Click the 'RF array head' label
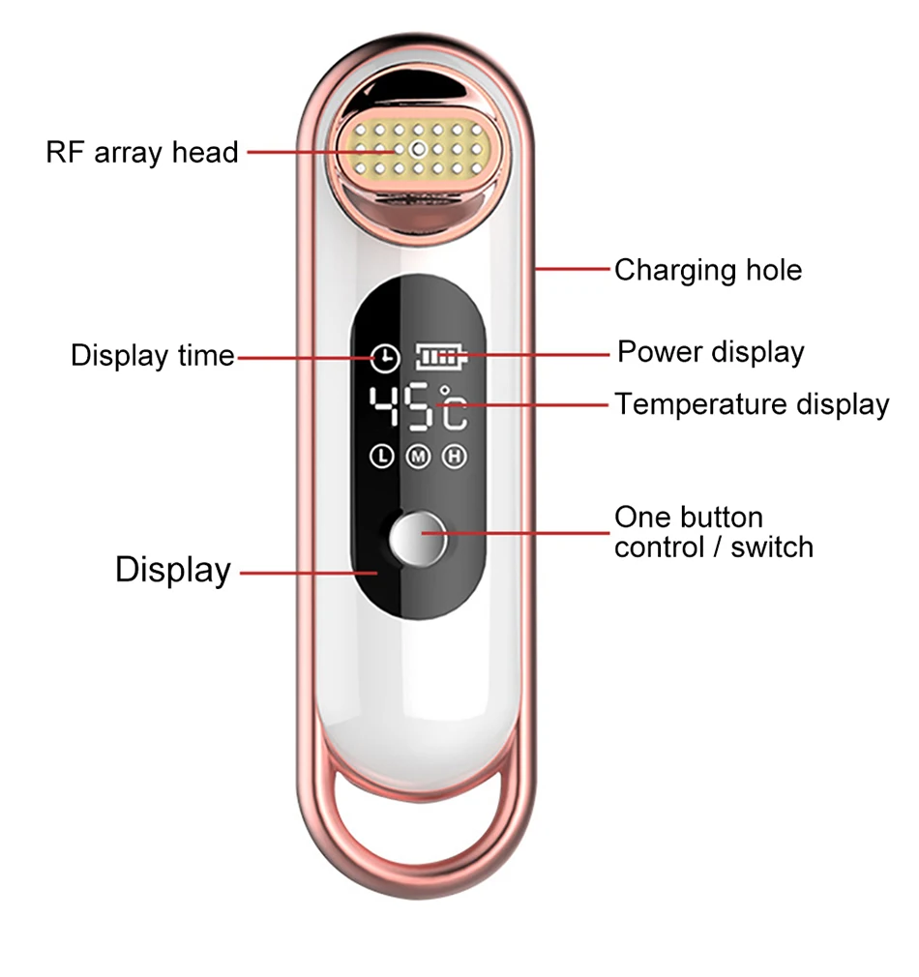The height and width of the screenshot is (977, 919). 142,153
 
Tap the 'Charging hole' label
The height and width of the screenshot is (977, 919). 708,271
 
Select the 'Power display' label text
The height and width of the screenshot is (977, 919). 711,352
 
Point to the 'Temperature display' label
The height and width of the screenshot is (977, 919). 752,404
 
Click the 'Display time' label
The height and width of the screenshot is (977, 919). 153,356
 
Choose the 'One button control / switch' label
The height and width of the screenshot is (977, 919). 714,532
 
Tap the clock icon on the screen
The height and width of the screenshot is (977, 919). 385,358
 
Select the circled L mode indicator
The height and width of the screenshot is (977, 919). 382,457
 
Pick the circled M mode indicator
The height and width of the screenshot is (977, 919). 419,457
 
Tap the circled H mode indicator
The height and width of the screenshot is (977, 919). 455,457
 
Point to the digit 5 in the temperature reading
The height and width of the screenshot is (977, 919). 418,407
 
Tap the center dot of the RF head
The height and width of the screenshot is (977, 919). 419,150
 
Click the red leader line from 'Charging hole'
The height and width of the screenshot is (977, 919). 572,269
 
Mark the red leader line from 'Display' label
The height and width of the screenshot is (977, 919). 309,573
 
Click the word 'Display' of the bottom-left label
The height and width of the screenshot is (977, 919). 173,570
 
